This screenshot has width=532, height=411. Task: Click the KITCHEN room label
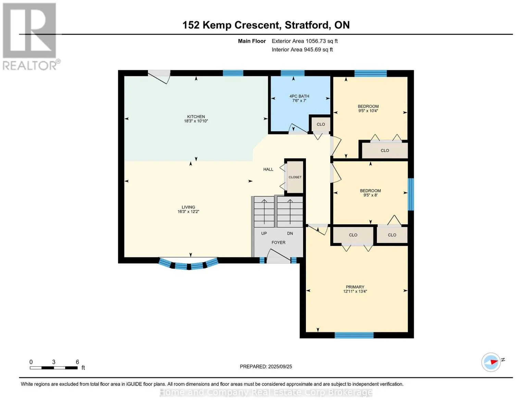click(196, 116)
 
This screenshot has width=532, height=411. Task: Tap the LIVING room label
click(188, 207)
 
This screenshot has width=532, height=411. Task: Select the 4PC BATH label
click(299, 96)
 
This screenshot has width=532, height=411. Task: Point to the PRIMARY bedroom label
click(355, 287)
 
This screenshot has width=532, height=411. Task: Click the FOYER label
click(279, 242)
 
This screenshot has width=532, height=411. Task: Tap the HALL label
click(268, 169)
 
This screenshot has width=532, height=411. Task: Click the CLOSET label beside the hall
click(295, 177)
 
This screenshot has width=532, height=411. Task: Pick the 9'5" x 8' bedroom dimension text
click(370, 195)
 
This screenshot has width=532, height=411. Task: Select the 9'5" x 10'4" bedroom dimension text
click(368, 111)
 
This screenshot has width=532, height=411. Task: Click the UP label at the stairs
click(264, 233)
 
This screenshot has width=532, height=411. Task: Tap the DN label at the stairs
click(290, 233)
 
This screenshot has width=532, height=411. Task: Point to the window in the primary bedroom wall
click(354, 335)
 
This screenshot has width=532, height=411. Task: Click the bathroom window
click(293, 73)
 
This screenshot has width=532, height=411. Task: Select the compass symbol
click(491, 362)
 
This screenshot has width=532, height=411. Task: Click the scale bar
click(54, 368)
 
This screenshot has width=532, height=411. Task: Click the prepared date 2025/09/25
click(280, 366)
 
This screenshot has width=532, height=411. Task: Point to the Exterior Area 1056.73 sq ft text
click(305, 41)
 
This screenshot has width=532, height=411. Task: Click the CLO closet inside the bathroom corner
click(321, 124)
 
